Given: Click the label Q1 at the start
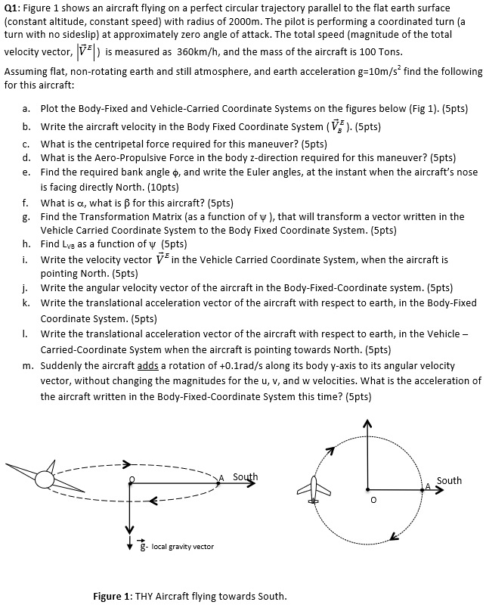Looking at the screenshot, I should coord(14,8).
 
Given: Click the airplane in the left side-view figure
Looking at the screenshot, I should coord(44,478).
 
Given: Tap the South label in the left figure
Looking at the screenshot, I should coord(245,477).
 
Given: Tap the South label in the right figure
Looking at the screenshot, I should coord(449,481).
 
